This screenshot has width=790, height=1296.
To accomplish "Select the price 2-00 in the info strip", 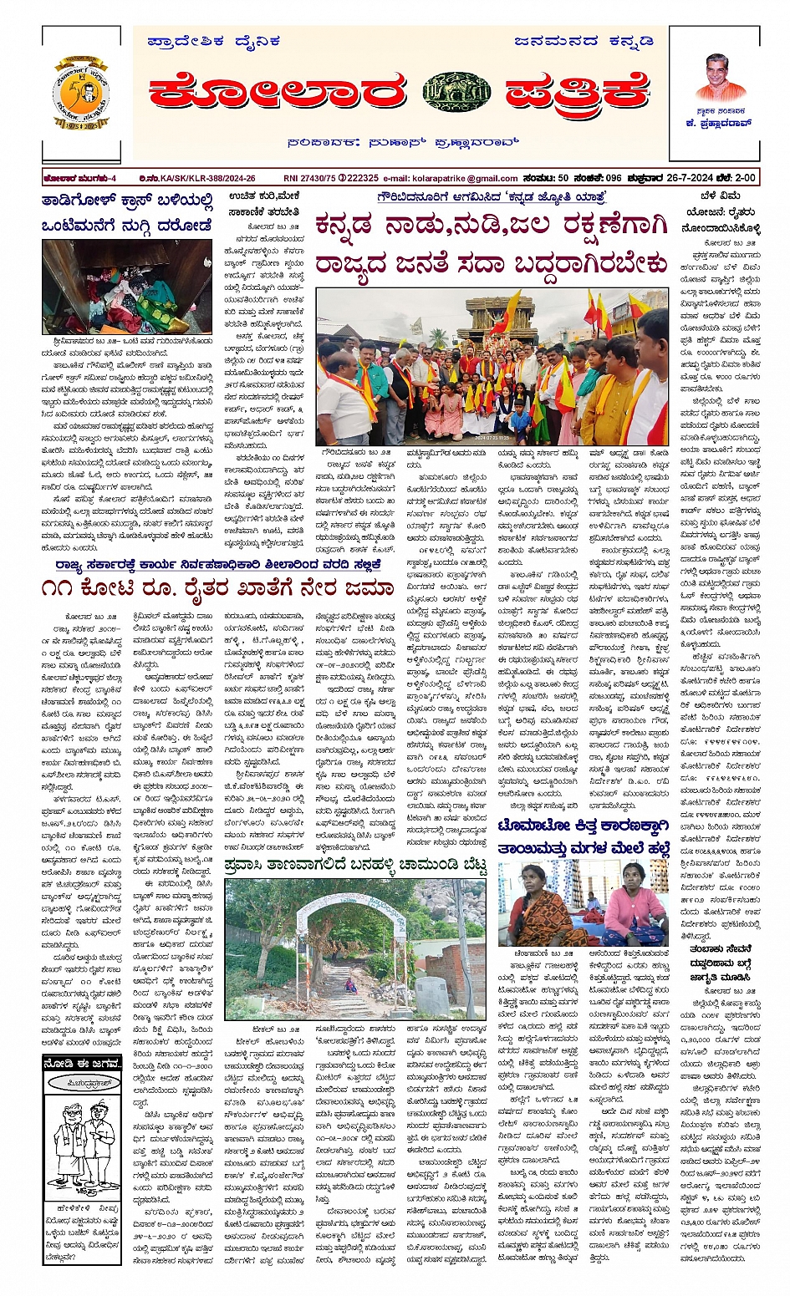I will coord(744,178).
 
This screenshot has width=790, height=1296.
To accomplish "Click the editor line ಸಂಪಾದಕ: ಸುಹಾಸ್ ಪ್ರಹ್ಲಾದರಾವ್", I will coord(402,142).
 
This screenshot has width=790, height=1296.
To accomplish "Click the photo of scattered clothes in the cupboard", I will coord(127,287).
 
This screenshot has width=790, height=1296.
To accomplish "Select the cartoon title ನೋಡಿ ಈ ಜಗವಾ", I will coord(83,1063).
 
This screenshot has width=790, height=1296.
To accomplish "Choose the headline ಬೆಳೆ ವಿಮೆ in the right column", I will coord(721,197).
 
